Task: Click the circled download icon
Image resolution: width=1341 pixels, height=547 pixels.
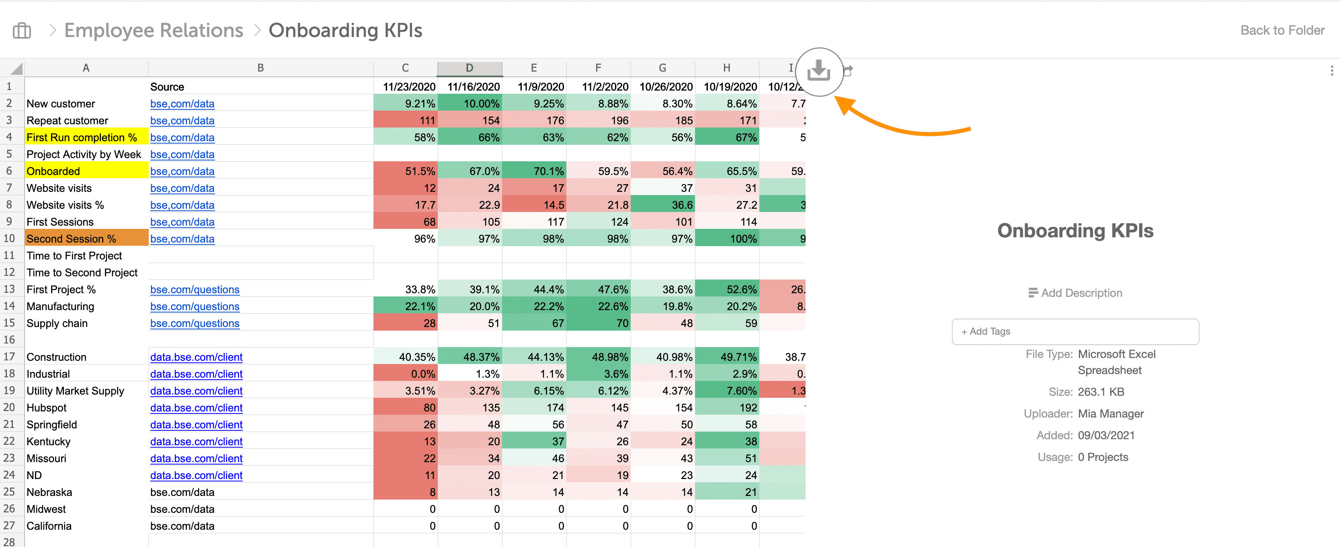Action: (819, 71)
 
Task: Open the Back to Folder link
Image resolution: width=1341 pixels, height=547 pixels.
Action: (1282, 30)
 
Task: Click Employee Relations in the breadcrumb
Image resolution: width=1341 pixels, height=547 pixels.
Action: (154, 30)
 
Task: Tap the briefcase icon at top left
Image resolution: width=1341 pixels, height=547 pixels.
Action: (22, 31)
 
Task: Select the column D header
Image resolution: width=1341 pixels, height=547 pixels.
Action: (470, 68)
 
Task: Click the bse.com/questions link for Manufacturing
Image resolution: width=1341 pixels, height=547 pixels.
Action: (195, 306)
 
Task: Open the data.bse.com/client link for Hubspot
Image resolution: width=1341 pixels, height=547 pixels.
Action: (196, 407)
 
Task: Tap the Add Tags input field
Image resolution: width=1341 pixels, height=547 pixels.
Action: (1075, 331)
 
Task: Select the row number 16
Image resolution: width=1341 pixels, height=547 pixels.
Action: (9, 339)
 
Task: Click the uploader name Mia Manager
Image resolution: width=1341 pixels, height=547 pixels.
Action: (1110, 413)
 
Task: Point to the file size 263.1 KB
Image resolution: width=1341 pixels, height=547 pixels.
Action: (1101, 392)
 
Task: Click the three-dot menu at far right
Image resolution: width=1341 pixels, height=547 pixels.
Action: (1332, 70)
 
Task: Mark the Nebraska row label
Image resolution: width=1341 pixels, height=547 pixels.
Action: (49, 492)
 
